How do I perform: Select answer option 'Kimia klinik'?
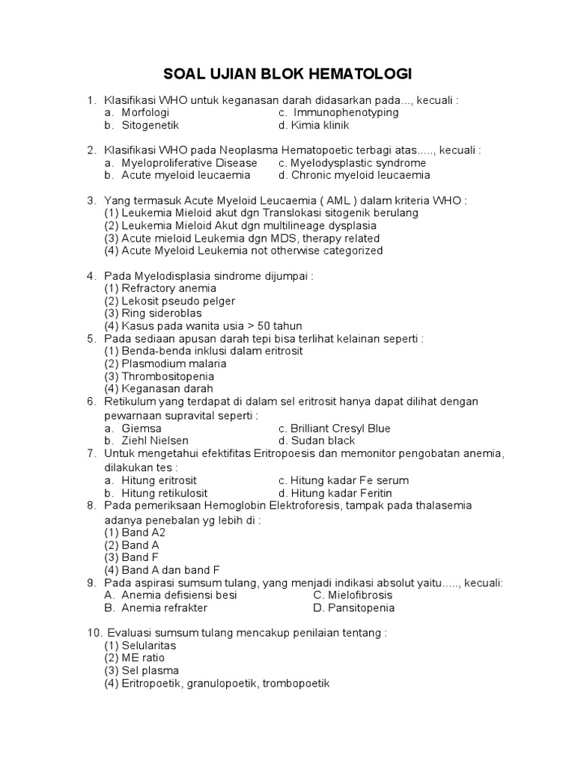320,125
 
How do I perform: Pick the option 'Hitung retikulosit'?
159,493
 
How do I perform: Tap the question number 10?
93,633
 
